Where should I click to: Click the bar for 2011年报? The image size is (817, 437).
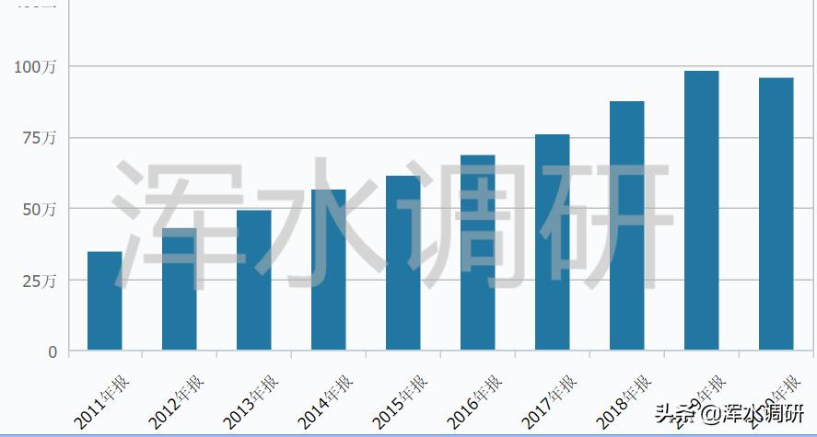104,301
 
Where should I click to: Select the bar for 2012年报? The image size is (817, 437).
179,289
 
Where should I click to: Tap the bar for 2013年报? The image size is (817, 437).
253,281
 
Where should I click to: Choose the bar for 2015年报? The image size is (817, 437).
403,263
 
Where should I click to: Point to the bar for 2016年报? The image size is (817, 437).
477,253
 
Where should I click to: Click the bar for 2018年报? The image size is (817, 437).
626,225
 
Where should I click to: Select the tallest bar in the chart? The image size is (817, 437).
701,211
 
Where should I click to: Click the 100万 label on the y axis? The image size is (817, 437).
35,67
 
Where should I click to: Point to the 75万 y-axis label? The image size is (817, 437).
40,138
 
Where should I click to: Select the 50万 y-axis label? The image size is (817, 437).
40,209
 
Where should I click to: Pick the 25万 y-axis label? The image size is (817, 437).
40,280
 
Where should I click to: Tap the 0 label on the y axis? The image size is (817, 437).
53,351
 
